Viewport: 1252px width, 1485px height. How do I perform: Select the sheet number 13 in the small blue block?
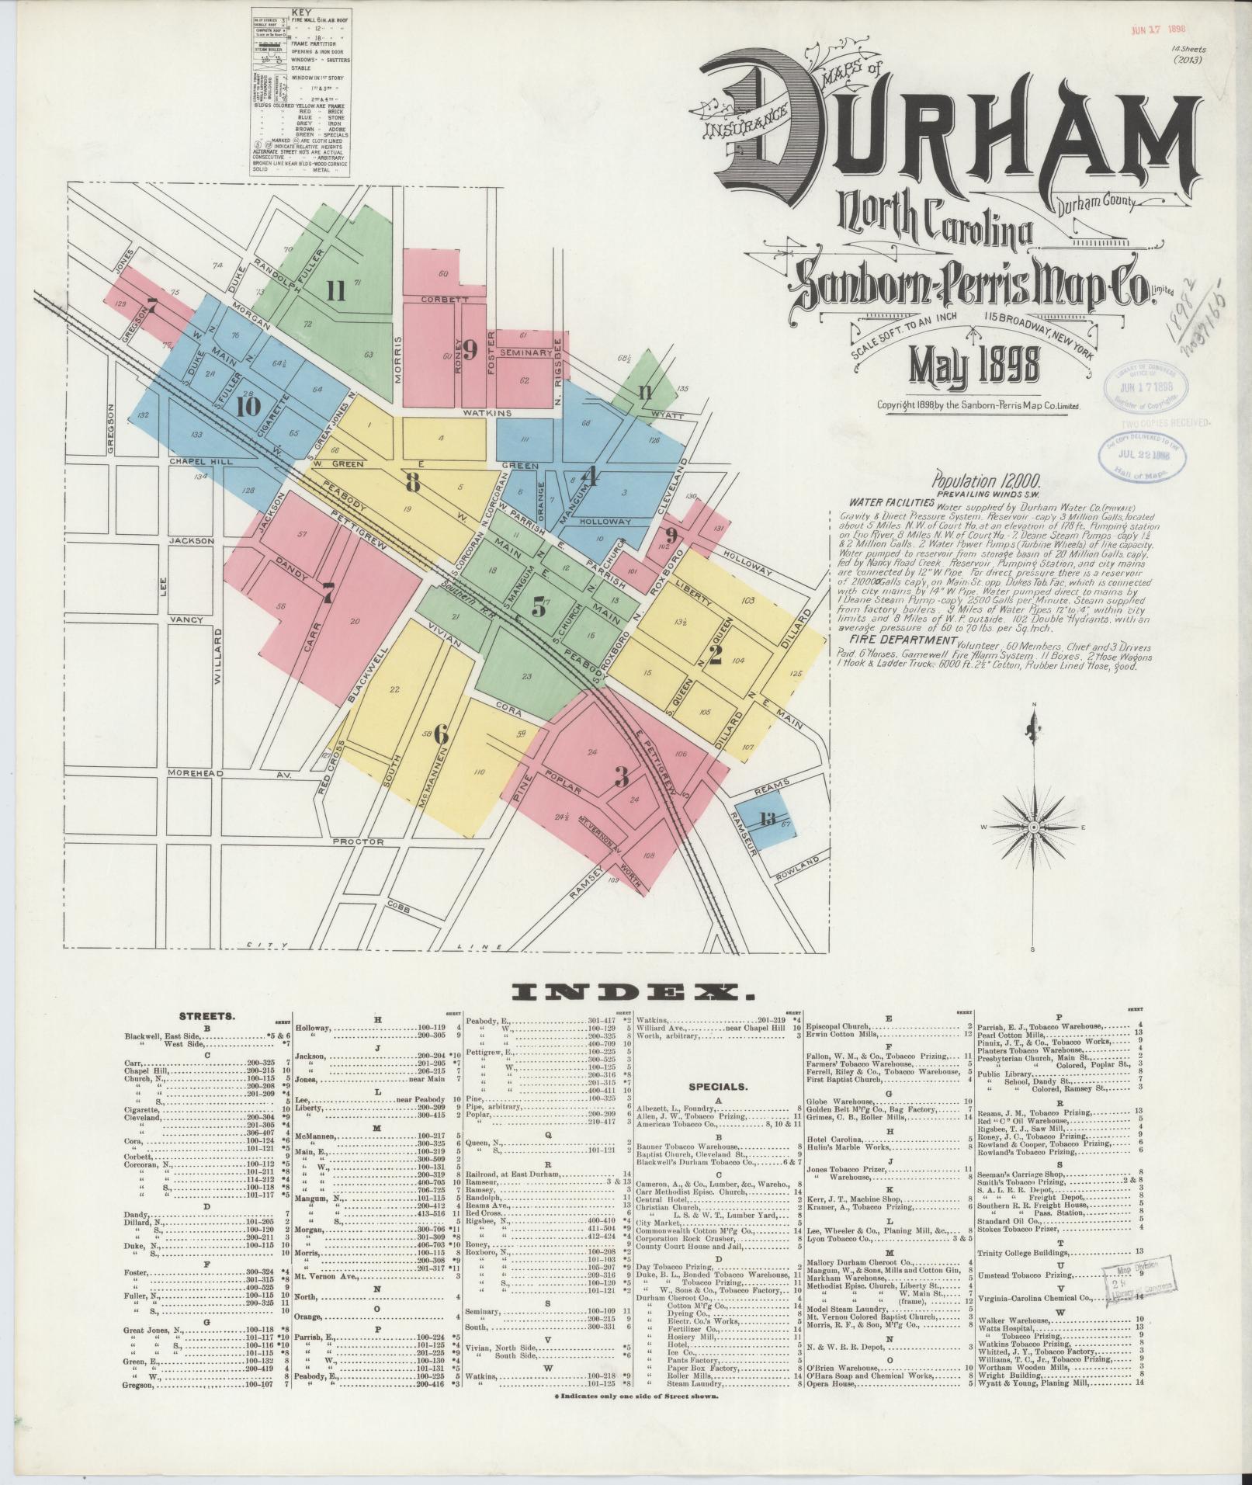point(768,819)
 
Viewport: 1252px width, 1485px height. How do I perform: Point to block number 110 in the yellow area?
point(479,772)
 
